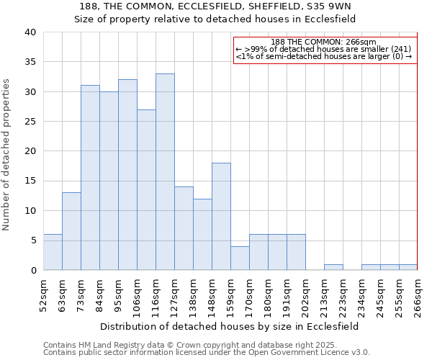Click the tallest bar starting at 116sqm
click(x=165, y=172)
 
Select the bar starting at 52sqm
click(x=53, y=252)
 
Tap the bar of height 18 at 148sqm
click(x=221, y=217)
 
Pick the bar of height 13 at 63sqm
click(x=71, y=231)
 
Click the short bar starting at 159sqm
click(x=240, y=258)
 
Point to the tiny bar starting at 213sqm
click(x=333, y=267)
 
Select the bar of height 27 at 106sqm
click(x=146, y=190)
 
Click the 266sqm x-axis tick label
click(x=418, y=296)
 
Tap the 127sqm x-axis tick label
click(x=174, y=296)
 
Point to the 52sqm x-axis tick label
click(x=43, y=296)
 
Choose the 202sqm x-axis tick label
click(x=305, y=296)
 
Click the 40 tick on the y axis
click(x=30, y=32)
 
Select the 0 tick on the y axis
click(x=32, y=271)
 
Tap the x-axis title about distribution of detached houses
click(x=229, y=326)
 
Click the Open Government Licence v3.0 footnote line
click(x=206, y=352)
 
